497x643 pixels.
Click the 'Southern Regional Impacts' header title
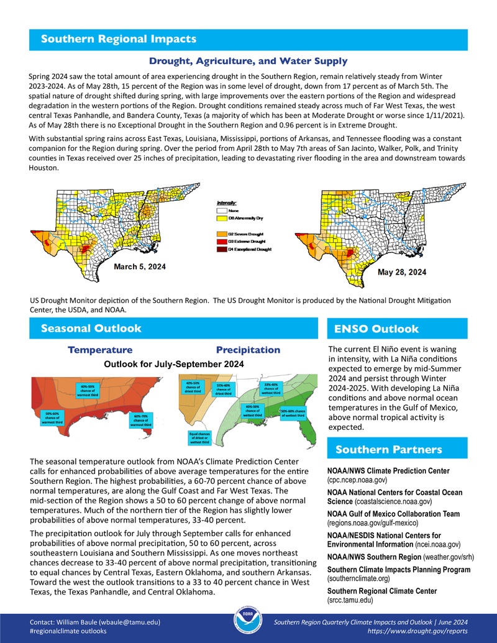pos(119,39)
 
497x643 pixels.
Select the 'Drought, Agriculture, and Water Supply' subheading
pos(248,61)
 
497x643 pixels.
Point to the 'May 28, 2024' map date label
pos(402,272)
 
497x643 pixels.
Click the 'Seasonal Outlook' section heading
pos(91,328)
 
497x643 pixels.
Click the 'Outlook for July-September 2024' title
pos(173,364)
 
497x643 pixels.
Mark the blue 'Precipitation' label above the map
pos(248,350)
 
